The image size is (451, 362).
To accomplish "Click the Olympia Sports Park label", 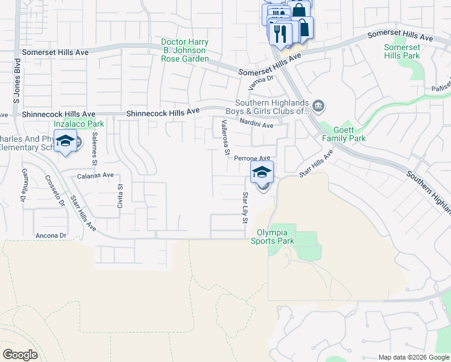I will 276,237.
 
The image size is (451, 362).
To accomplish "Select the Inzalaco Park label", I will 78,124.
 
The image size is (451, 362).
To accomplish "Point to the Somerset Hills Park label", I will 402,51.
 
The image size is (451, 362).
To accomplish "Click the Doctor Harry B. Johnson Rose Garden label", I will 185,50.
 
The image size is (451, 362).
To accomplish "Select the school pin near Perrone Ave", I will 262,171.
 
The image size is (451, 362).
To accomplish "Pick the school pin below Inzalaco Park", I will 65,144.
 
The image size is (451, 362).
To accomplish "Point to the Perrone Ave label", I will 252,157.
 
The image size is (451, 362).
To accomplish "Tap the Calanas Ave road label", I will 96,175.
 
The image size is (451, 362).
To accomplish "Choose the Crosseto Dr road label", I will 55,191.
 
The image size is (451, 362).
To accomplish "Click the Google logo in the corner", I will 20,354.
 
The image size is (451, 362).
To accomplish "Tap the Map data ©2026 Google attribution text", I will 414,357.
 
